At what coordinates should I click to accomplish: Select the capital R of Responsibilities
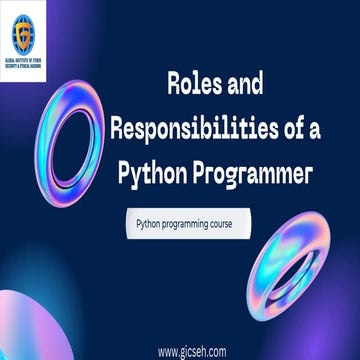(x=116, y=127)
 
